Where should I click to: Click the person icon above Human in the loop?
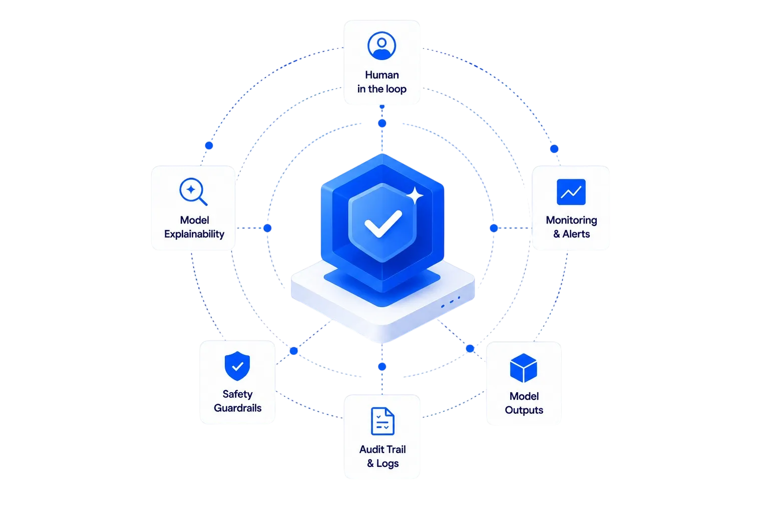(x=382, y=46)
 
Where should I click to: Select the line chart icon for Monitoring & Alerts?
(x=571, y=192)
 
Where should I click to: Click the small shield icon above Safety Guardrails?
(x=237, y=366)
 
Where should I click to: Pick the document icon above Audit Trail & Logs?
(x=382, y=421)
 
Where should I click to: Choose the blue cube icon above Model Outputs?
(x=524, y=368)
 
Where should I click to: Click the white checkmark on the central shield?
(x=383, y=223)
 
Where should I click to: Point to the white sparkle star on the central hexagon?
(x=415, y=195)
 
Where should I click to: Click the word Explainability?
(x=194, y=234)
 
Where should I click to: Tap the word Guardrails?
(x=238, y=408)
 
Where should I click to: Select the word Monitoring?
(x=572, y=220)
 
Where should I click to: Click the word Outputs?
(x=524, y=410)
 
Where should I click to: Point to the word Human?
(x=382, y=75)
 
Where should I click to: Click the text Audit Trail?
(x=382, y=449)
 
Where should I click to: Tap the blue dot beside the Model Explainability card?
(x=267, y=228)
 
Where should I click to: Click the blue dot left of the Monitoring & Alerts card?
(x=494, y=228)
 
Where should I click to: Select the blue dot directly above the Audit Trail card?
(x=382, y=367)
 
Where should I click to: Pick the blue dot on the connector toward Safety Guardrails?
(x=293, y=351)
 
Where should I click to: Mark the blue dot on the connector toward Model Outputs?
(x=470, y=349)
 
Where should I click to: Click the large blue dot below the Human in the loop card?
(x=382, y=123)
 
